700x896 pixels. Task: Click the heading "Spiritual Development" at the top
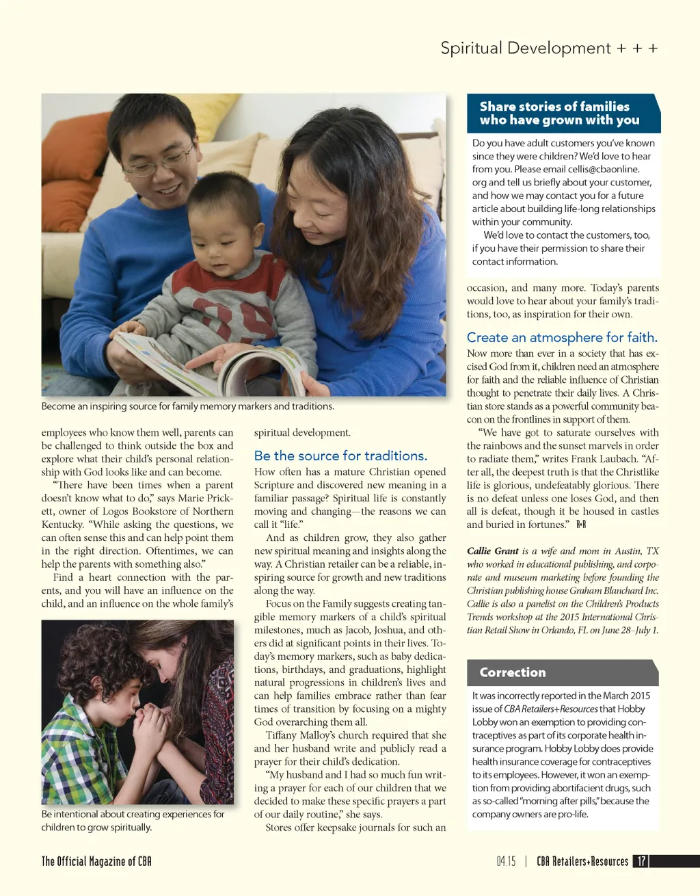[526, 48]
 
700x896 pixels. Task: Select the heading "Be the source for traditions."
[340, 456]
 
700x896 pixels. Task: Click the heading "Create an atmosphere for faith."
[562, 337]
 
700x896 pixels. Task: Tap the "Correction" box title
[513, 672]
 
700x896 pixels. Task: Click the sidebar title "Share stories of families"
[554, 106]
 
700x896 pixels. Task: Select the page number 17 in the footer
[641, 861]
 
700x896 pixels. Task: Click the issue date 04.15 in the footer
[507, 861]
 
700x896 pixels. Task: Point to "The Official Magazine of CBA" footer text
[96, 861]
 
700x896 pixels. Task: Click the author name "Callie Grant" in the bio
[493, 551]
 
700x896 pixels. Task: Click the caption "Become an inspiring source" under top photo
[187, 406]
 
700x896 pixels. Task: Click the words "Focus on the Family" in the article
[308, 604]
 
